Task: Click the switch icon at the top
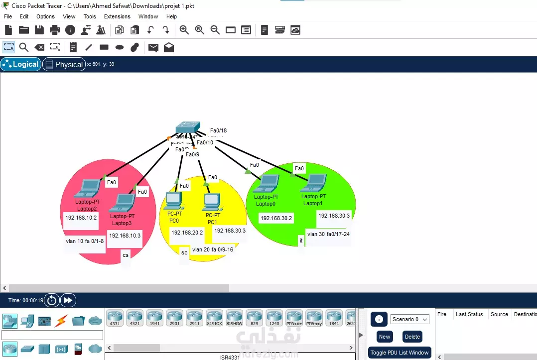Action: (x=188, y=127)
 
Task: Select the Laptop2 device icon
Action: (x=88, y=189)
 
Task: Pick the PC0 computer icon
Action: (x=174, y=201)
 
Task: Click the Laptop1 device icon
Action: (x=314, y=183)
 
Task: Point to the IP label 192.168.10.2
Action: (x=81, y=218)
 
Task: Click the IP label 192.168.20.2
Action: (x=187, y=233)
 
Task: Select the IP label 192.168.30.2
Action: (x=276, y=218)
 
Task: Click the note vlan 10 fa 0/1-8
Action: (x=85, y=241)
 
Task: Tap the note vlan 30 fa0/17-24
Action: (x=328, y=234)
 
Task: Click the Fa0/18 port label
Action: (x=218, y=130)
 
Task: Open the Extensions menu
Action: (x=117, y=16)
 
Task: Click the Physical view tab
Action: (x=64, y=64)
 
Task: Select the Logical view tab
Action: (x=21, y=64)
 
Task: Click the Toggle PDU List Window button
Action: (x=400, y=353)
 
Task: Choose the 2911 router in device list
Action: (x=194, y=317)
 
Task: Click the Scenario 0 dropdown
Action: (x=409, y=319)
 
